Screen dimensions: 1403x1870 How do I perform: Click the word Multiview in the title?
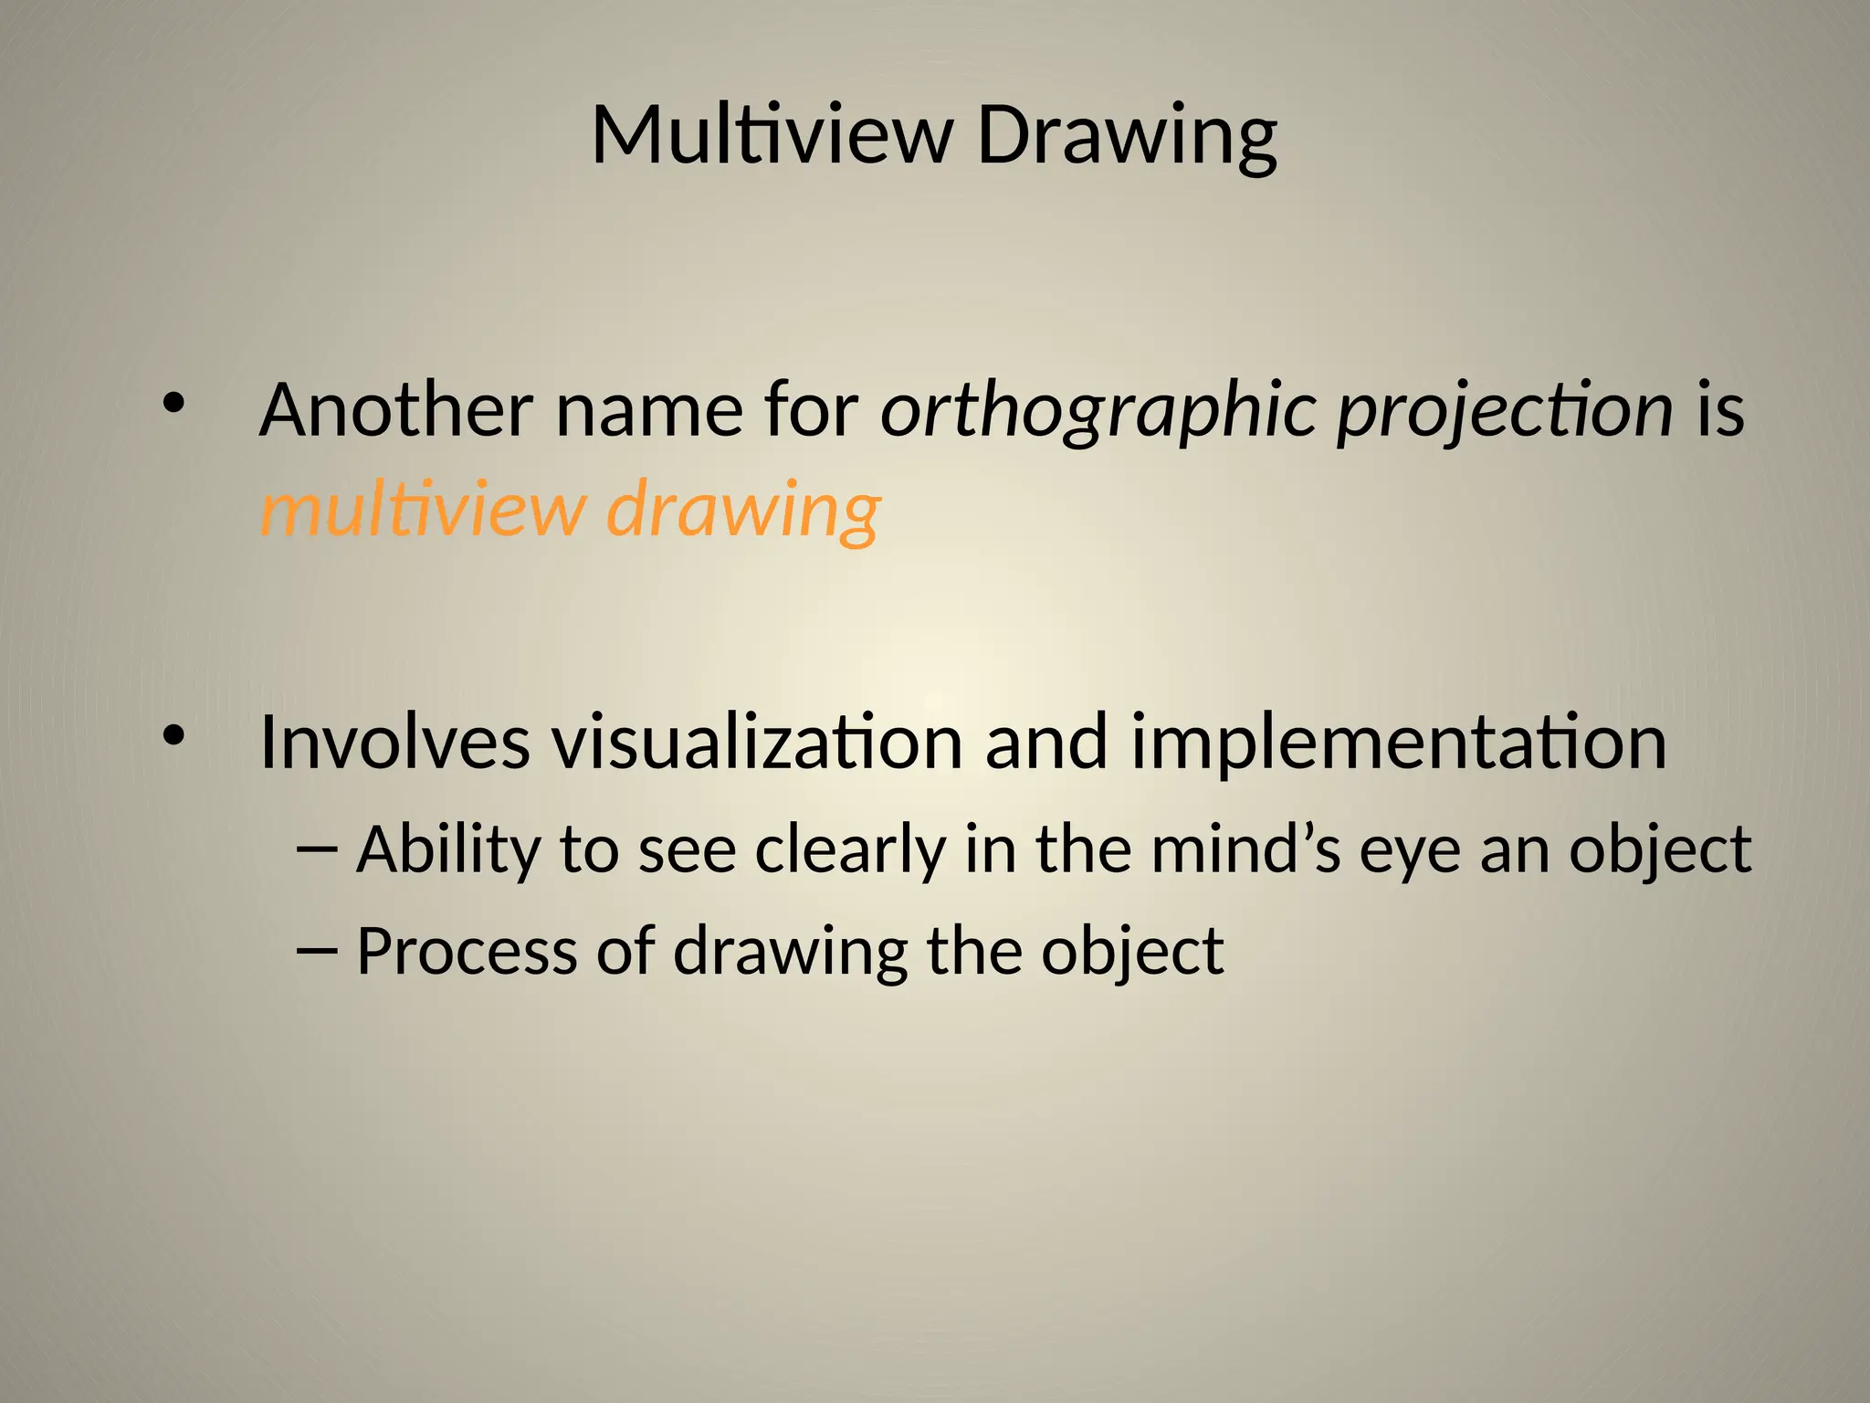(x=772, y=135)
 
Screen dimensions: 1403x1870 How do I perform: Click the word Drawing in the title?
(x=1127, y=137)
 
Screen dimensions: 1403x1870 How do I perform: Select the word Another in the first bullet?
(x=396, y=410)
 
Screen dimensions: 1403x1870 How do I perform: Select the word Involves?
(x=394, y=742)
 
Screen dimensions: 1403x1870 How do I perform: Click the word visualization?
(x=757, y=742)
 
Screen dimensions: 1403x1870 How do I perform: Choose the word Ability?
(x=448, y=850)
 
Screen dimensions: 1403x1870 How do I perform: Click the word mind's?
(x=1245, y=849)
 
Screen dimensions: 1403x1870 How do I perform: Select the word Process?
(x=467, y=951)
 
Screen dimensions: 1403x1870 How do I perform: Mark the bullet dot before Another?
(x=173, y=403)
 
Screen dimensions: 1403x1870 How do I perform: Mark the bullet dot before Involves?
(x=173, y=733)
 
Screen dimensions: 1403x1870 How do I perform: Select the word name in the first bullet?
(x=649, y=411)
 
